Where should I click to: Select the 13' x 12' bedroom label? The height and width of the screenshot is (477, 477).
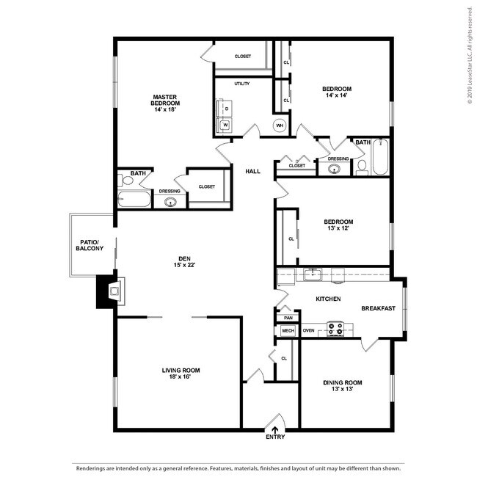pyautogui.click(x=338, y=227)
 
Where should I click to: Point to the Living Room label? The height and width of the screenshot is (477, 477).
pyautogui.click(x=181, y=374)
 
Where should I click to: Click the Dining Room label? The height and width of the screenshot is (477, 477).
pyautogui.click(x=343, y=385)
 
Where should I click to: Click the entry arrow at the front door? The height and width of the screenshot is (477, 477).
pyautogui.click(x=275, y=430)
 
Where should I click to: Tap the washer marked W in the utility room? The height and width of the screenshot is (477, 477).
pyautogui.click(x=225, y=125)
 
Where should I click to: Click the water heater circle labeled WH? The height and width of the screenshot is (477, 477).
pyautogui.click(x=280, y=125)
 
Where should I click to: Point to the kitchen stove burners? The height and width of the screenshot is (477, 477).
pyautogui.click(x=335, y=330)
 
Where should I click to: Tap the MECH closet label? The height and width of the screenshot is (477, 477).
pyautogui.click(x=287, y=331)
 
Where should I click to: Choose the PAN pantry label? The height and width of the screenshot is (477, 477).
pyautogui.click(x=287, y=317)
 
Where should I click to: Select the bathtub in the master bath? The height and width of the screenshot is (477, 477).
pyautogui.click(x=134, y=199)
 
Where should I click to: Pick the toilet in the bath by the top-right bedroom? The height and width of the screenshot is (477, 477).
pyautogui.click(x=362, y=166)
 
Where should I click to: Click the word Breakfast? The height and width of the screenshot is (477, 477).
pyautogui.click(x=379, y=308)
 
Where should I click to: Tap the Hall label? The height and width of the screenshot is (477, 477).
pyautogui.click(x=253, y=171)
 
